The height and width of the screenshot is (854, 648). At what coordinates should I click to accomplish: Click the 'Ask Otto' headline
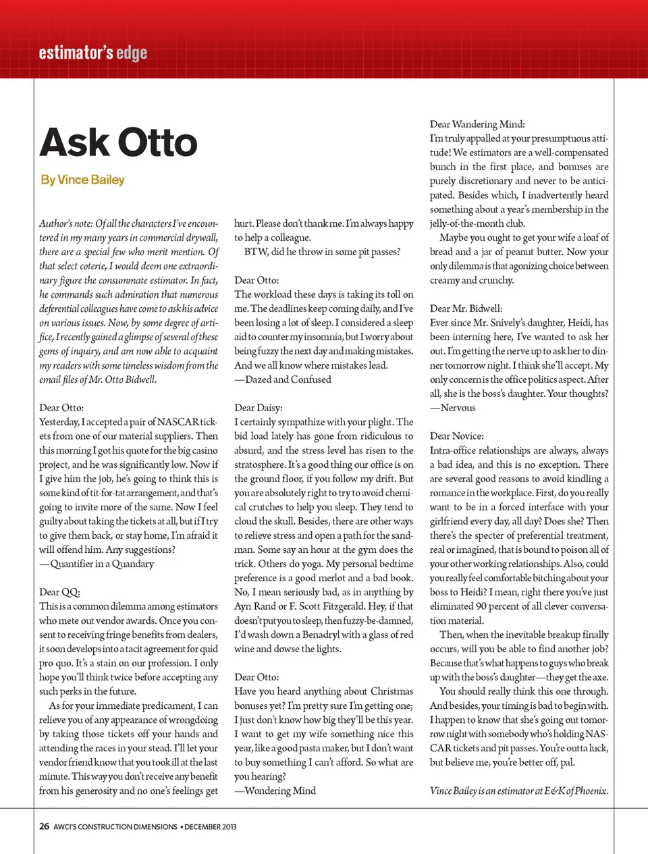pyautogui.click(x=119, y=142)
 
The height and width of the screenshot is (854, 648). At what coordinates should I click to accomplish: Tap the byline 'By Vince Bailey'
pyautogui.click(x=82, y=180)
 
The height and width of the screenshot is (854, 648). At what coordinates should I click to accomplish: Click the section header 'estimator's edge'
pyautogui.click(x=92, y=53)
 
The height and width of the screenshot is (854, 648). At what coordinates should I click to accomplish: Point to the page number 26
pyautogui.click(x=44, y=826)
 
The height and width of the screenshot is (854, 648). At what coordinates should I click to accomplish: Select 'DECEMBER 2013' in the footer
pyautogui.click(x=211, y=827)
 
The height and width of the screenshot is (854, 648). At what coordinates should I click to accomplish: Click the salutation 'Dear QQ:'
pyautogui.click(x=59, y=592)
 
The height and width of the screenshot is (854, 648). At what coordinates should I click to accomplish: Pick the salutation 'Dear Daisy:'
pyautogui.click(x=259, y=408)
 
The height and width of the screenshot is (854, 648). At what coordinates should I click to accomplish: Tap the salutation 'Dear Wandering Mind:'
pyautogui.click(x=477, y=124)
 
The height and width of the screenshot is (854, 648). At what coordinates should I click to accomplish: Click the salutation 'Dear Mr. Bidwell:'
pyautogui.click(x=466, y=309)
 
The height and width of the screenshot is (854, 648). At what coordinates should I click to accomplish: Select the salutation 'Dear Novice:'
pyautogui.click(x=456, y=436)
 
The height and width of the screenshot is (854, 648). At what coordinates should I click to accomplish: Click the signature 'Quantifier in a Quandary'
pyautogui.click(x=97, y=564)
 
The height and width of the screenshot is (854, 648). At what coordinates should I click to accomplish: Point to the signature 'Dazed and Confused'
pyautogui.click(x=283, y=379)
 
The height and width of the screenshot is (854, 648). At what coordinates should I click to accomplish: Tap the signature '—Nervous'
pyautogui.click(x=453, y=408)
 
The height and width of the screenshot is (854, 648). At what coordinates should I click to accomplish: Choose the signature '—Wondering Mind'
pyautogui.click(x=275, y=791)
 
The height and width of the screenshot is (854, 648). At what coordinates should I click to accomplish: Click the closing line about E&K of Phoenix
pyautogui.click(x=518, y=791)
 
